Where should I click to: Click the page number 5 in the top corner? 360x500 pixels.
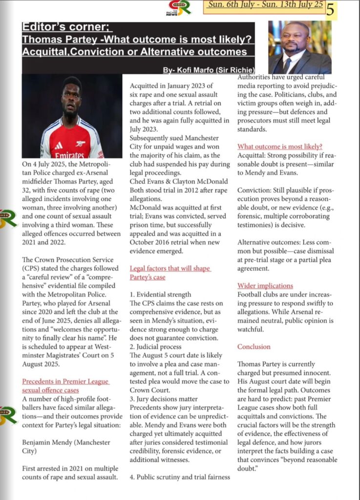344,9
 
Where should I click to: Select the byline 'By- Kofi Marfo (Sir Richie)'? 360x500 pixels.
209,70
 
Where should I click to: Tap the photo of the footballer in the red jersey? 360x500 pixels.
72,116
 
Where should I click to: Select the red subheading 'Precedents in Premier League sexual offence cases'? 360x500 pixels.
66,386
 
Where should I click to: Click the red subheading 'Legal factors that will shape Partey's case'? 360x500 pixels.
170,272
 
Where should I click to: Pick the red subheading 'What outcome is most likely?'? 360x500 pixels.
280,146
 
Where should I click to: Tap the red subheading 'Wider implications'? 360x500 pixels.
265,286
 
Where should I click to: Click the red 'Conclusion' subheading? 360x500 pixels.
254,347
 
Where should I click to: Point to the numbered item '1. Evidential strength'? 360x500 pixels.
161,295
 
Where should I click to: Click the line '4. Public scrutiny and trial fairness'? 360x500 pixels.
180,477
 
